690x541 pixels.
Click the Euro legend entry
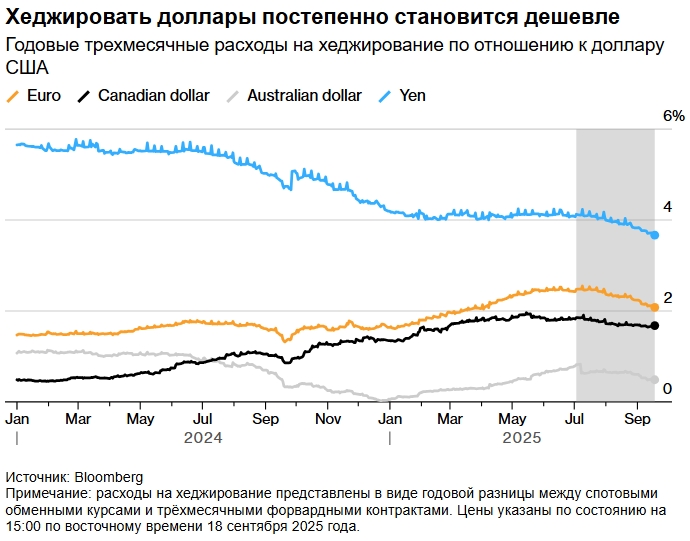[x=42, y=96]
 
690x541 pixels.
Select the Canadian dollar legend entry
[x=153, y=96]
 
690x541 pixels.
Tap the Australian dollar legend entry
[x=304, y=96]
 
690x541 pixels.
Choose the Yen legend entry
[x=412, y=96]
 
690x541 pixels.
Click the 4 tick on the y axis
[x=667, y=207]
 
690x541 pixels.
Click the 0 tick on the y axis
[x=667, y=388]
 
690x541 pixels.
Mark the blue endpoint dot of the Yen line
[x=655, y=235]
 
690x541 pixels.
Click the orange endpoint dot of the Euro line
[x=655, y=307]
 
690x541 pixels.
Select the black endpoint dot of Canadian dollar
[x=655, y=326]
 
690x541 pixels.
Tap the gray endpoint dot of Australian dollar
[x=655, y=380]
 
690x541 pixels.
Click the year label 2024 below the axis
[x=203, y=438]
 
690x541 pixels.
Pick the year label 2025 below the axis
[x=521, y=438]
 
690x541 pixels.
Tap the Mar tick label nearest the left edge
[x=79, y=417]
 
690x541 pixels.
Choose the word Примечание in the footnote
[x=46, y=494]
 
